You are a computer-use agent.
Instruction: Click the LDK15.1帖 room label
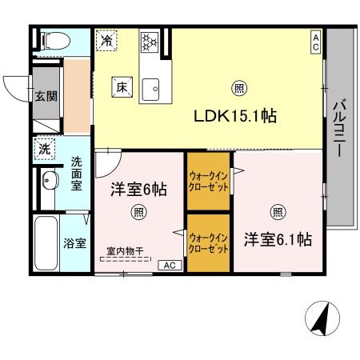pos(236,116)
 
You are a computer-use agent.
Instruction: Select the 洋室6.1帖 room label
pos(278,239)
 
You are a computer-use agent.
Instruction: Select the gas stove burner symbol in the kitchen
pos(150,41)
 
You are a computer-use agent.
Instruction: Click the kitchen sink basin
pos(150,89)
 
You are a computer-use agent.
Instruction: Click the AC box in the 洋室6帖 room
pos(169,265)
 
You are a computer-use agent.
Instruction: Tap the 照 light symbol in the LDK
pos(238,87)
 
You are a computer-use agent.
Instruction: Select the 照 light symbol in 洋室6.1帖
pos(278,212)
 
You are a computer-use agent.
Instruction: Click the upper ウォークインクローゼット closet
pos(209,182)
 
